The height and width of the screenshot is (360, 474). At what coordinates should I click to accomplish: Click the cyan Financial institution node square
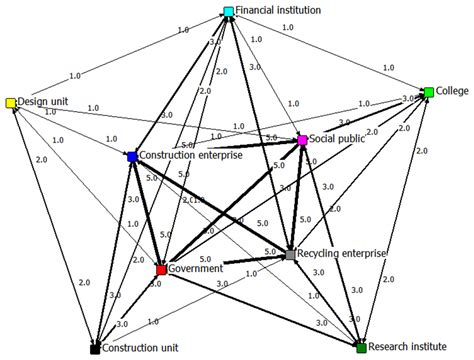(229, 12)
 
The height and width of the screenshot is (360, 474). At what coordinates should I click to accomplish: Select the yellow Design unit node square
(11, 103)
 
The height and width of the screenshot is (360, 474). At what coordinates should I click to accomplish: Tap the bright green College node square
(428, 92)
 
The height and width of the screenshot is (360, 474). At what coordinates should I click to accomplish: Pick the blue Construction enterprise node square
(131, 157)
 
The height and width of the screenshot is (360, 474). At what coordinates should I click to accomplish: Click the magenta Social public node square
(302, 141)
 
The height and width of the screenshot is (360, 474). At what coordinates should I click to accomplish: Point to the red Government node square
(161, 270)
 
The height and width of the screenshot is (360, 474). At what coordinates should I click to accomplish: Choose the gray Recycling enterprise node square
(290, 256)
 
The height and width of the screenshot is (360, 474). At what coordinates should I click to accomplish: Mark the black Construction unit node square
(93, 350)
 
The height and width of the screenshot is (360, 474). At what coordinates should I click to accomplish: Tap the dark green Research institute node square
(362, 347)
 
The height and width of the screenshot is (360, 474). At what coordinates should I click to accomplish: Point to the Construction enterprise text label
(191, 156)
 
